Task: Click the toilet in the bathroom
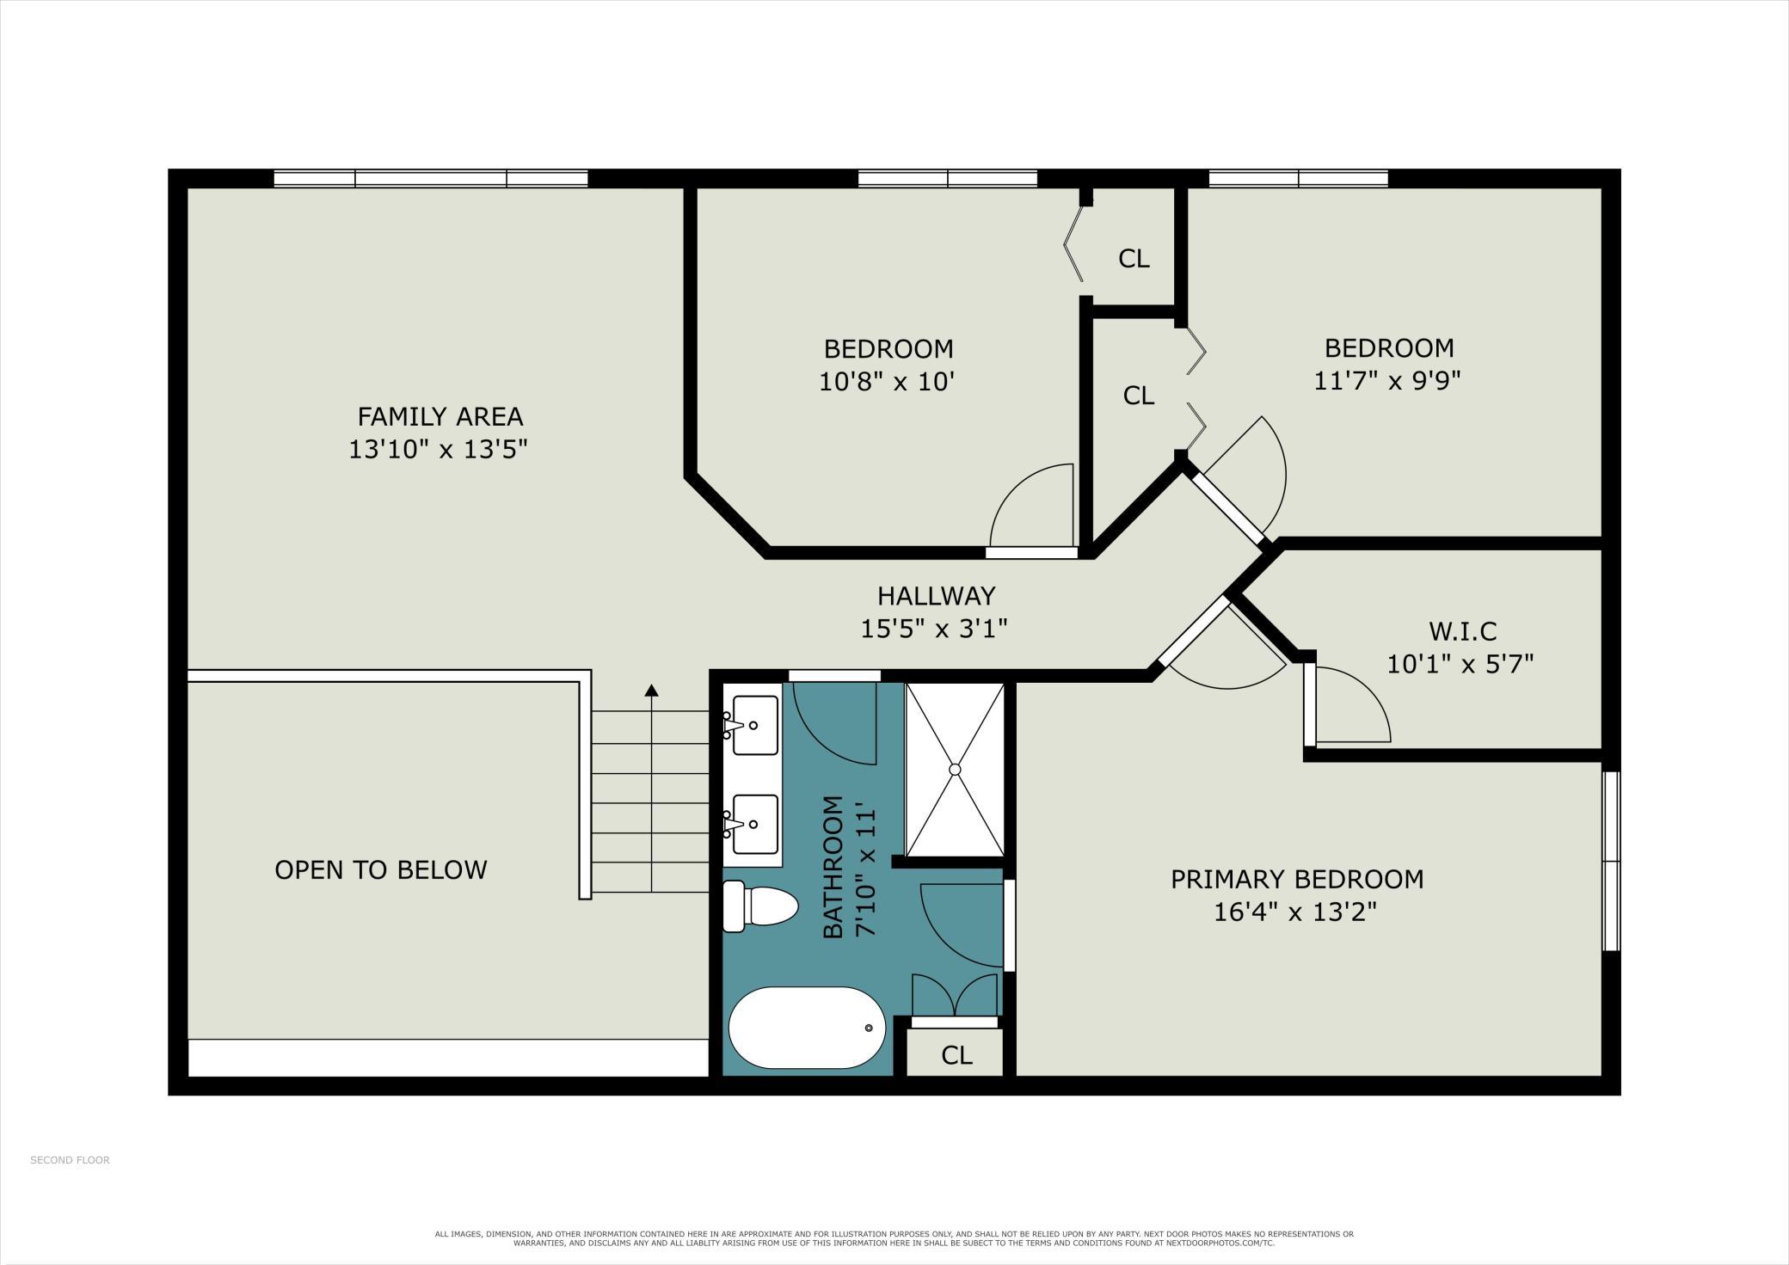coord(760,906)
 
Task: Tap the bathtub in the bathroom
coord(807,1028)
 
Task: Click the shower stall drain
coord(955,770)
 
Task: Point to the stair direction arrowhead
coord(651,690)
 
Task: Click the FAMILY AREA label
coord(440,416)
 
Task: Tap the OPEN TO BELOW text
coord(381,869)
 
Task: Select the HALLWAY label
coord(936,595)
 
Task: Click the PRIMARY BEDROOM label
coord(1297,879)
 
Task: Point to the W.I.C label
coord(1462,631)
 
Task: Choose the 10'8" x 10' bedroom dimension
coord(888,381)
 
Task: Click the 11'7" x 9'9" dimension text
coord(1388,380)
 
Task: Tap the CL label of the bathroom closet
coord(956,1055)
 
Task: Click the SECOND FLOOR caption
coord(70,1160)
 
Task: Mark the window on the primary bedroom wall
coord(1611,861)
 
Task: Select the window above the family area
coord(431,179)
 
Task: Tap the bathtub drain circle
coord(869,1028)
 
